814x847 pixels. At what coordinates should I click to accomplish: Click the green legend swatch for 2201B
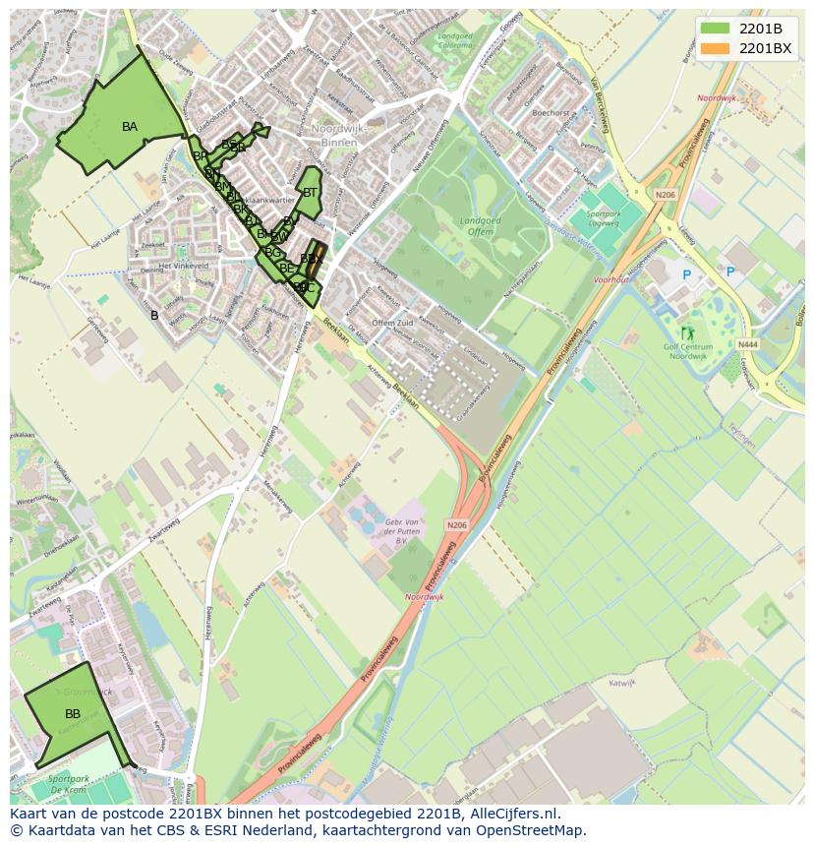click(715, 29)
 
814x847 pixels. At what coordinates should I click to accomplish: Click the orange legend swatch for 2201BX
click(715, 47)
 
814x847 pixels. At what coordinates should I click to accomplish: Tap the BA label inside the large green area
click(130, 127)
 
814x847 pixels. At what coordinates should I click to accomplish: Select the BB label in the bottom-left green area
click(73, 713)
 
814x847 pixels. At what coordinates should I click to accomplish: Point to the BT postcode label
click(310, 193)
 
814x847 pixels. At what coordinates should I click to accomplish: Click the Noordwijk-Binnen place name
click(334, 136)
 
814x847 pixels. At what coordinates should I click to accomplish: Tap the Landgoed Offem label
click(480, 225)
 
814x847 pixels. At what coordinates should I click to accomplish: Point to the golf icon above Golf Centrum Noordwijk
click(686, 333)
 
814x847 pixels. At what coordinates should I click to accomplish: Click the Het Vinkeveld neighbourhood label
click(184, 266)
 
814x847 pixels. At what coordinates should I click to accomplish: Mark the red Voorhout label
click(611, 279)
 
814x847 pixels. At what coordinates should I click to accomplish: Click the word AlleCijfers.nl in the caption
click(515, 814)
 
